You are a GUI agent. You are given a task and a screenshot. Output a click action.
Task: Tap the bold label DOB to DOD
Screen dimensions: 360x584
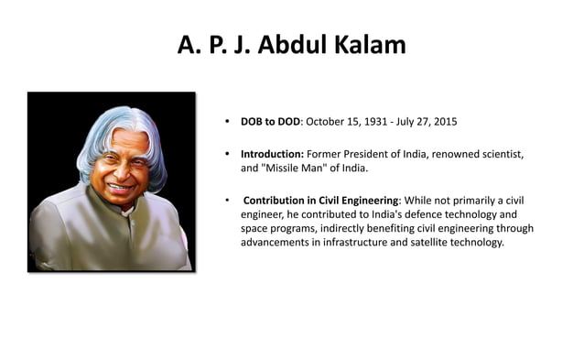tap(270, 122)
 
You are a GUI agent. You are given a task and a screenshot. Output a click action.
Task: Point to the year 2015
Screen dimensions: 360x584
tap(443, 122)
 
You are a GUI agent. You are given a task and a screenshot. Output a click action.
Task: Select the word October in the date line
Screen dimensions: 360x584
tap(327, 122)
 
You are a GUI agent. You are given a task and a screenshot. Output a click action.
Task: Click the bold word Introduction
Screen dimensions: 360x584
tap(272, 154)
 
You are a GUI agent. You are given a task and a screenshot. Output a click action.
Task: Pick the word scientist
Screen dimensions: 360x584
tap(501, 154)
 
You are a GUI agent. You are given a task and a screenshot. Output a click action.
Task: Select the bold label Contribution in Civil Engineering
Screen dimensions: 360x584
tap(320, 200)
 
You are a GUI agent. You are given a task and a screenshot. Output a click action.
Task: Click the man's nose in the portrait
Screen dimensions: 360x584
tap(116, 172)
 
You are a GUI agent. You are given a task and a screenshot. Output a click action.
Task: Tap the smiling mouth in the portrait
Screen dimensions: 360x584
tap(118, 188)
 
